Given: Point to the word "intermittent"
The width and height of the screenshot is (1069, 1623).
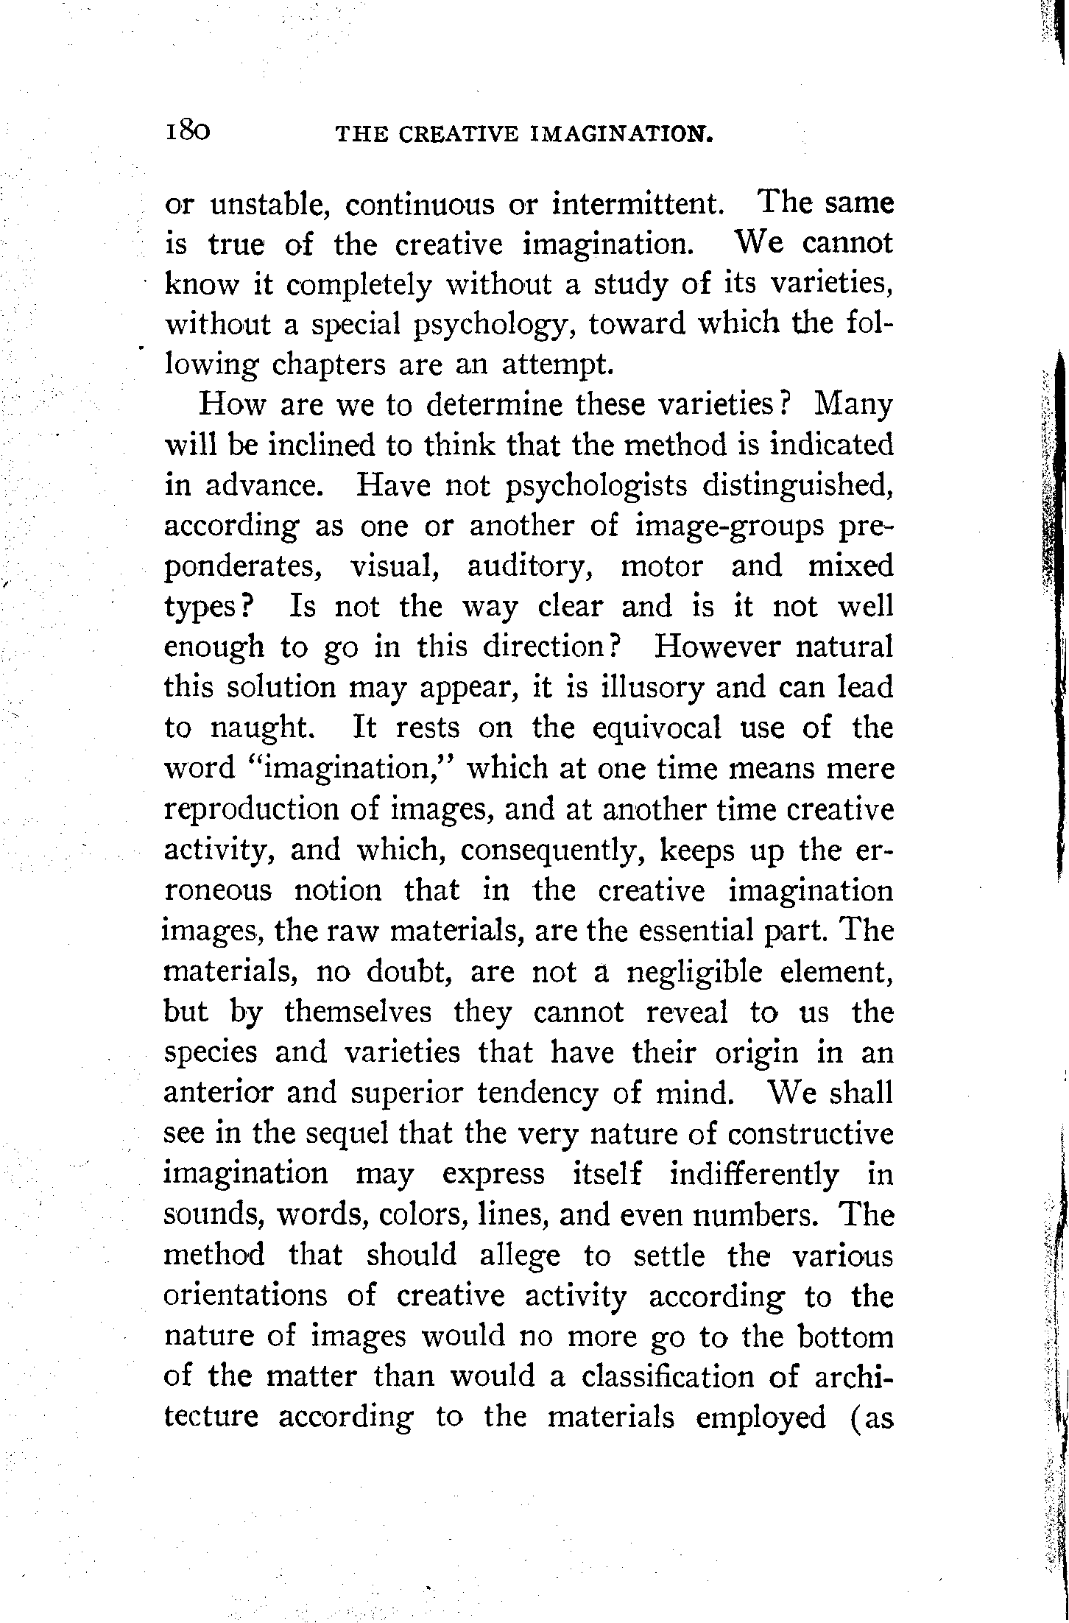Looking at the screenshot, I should tap(635, 203).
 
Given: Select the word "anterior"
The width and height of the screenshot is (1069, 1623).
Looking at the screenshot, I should tap(216, 1093).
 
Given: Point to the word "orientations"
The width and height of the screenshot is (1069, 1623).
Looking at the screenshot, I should tap(245, 1295).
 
